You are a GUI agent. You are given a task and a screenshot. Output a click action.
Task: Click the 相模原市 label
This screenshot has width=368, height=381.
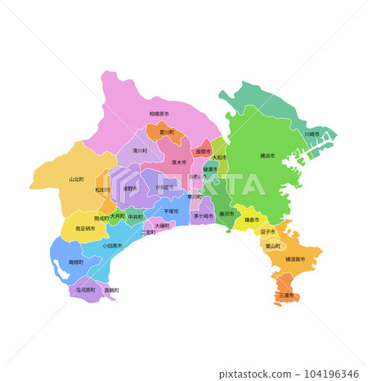pos(159,114)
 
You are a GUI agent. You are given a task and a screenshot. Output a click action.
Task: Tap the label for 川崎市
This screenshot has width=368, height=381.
pos(312,133)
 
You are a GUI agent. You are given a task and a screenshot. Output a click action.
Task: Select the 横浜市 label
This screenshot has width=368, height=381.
pos(267,155)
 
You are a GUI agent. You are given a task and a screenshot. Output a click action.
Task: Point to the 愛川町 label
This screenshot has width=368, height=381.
pos(166,131)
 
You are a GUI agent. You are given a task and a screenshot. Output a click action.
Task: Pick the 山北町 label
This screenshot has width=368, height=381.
pos(76,179)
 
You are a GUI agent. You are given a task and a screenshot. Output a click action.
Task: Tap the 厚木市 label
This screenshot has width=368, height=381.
pos(178,162)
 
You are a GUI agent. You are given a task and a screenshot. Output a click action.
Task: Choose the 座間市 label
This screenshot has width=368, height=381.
pos(203,151)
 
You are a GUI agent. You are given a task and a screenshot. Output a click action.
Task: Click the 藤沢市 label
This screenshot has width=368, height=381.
pos(227,214)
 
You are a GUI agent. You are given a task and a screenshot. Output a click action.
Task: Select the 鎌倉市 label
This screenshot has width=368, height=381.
pos(252,220)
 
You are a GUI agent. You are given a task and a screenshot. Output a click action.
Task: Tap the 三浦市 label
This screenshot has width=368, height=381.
pos(286,295)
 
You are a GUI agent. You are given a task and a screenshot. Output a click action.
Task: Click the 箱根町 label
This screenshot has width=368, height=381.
pos(75,262)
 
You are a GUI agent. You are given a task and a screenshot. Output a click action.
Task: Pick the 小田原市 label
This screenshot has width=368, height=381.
pos(112,245)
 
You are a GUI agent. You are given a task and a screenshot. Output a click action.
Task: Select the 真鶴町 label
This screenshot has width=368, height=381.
pos(111,290)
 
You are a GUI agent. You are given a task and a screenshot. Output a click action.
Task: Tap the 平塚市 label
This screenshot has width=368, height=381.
pos(171,211)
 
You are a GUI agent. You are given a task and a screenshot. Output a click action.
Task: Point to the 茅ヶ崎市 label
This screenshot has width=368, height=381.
pos(204,216)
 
